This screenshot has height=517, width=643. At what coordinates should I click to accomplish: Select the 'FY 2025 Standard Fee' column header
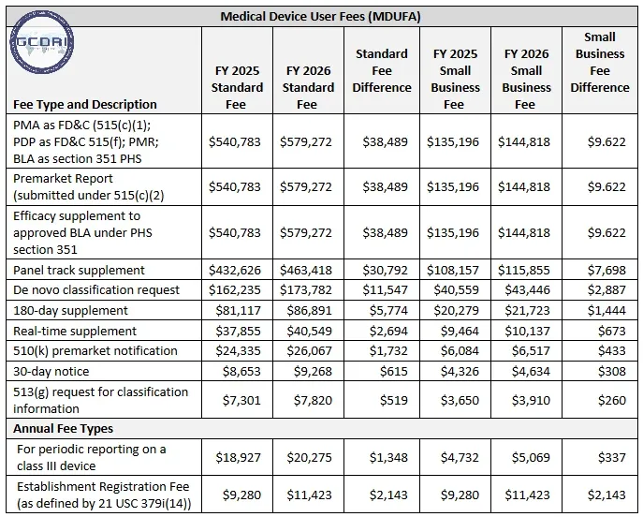tap(237, 87)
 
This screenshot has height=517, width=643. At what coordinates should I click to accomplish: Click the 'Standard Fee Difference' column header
tap(382, 70)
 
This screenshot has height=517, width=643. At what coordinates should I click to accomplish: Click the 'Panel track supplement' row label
tap(79, 270)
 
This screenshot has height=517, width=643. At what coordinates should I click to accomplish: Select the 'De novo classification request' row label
tap(95, 289)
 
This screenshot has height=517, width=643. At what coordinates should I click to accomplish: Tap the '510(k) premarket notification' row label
tap(95, 350)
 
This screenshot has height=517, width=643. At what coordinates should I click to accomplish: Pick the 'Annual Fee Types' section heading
tap(63, 428)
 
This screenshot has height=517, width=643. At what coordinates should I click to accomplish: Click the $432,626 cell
tap(237, 270)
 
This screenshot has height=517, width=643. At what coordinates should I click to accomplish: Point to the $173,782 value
tap(306, 289)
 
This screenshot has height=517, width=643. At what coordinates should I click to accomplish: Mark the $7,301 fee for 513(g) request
tap(241, 400)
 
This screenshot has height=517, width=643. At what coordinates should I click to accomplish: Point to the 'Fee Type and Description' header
tap(85, 104)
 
